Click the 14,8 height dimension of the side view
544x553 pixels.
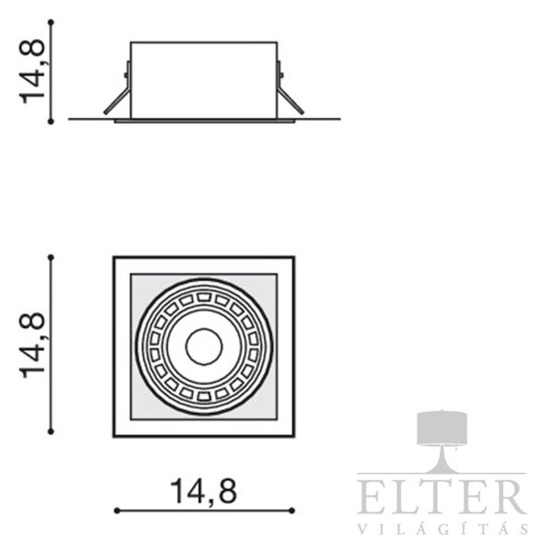click(x=32, y=72)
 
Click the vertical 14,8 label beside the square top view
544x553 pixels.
click(x=32, y=346)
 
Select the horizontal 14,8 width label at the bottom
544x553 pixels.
click(x=204, y=491)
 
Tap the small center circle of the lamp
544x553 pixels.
click(x=204, y=347)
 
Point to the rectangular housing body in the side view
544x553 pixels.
click(x=204, y=80)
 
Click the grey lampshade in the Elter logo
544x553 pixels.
click(x=442, y=428)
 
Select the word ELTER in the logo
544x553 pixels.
click(x=442, y=497)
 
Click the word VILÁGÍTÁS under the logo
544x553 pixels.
click(x=443, y=529)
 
